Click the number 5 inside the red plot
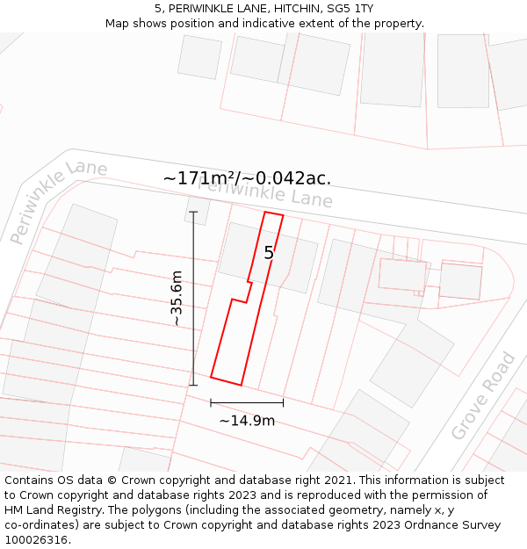270,253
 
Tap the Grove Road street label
483,396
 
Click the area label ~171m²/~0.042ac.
247,178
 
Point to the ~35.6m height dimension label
177,299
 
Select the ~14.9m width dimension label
247,421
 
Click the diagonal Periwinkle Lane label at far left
57,202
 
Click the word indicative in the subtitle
253,23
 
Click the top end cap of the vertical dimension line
193,212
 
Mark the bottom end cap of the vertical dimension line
193,385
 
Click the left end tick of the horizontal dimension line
211,402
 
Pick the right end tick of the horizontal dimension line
283,402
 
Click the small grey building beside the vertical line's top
198,211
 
